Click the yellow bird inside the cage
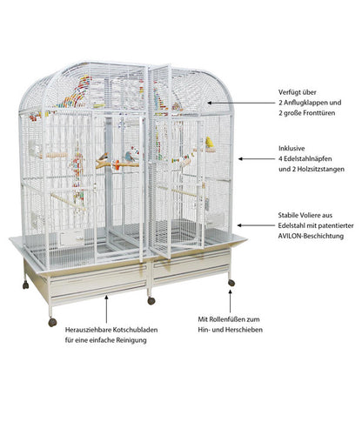[x=209, y=143]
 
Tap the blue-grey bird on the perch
[x=130, y=157]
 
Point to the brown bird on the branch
[x=103, y=157]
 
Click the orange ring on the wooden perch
[x=117, y=165]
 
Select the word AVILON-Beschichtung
[x=311, y=236]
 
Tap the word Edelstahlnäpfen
[x=307, y=159]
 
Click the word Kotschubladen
[x=135, y=330]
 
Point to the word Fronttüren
[x=319, y=113]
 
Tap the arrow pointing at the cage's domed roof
[x=240, y=103]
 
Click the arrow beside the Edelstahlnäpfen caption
[x=256, y=159]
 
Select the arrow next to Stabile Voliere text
[x=256, y=225]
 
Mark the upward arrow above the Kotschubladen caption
[x=106, y=309]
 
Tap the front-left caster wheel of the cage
[x=52, y=322]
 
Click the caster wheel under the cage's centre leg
[x=151, y=301]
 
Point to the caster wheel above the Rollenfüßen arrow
[x=231, y=283]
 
